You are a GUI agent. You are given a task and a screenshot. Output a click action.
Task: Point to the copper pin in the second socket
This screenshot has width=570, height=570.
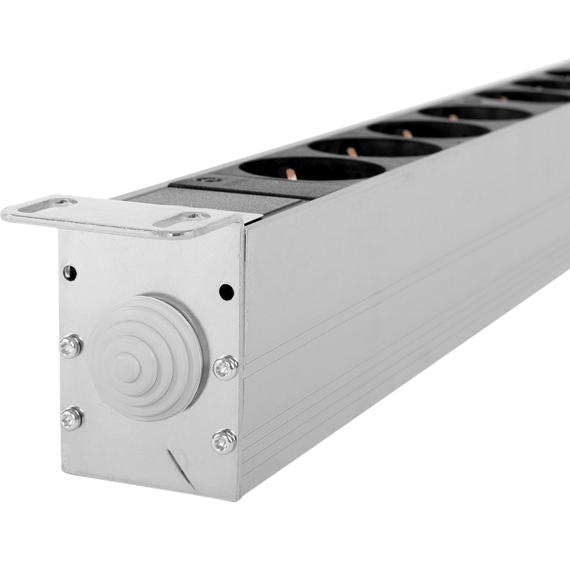pos(352,151)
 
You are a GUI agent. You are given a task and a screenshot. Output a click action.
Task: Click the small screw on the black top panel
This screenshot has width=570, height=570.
pos(202,181)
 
